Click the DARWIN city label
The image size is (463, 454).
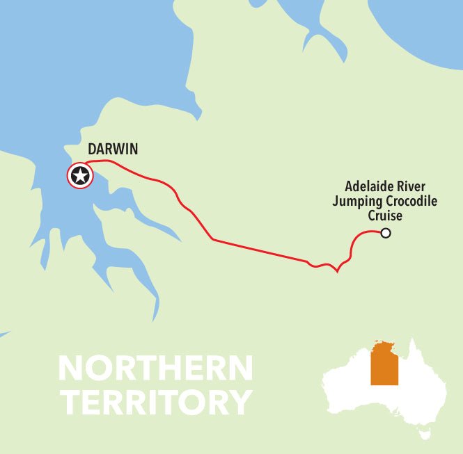point(112,149)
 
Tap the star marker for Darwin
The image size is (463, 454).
point(80,176)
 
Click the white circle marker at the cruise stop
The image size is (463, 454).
point(386,234)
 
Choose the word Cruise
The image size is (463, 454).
point(385,216)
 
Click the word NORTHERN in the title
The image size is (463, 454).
point(155,368)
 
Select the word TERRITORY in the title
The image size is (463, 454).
point(155,402)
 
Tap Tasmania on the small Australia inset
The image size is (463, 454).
point(424,434)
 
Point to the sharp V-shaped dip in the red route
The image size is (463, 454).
point(337,271)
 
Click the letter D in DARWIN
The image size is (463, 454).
point(91,149)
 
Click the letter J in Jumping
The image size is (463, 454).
point(335,202)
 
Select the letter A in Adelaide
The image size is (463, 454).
point(349,187)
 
